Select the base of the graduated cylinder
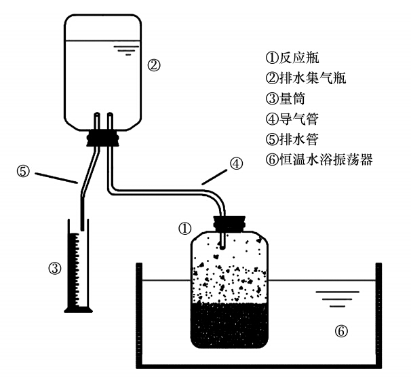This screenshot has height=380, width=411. click(81, 310)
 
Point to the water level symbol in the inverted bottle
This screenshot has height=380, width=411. click(123, 48)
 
